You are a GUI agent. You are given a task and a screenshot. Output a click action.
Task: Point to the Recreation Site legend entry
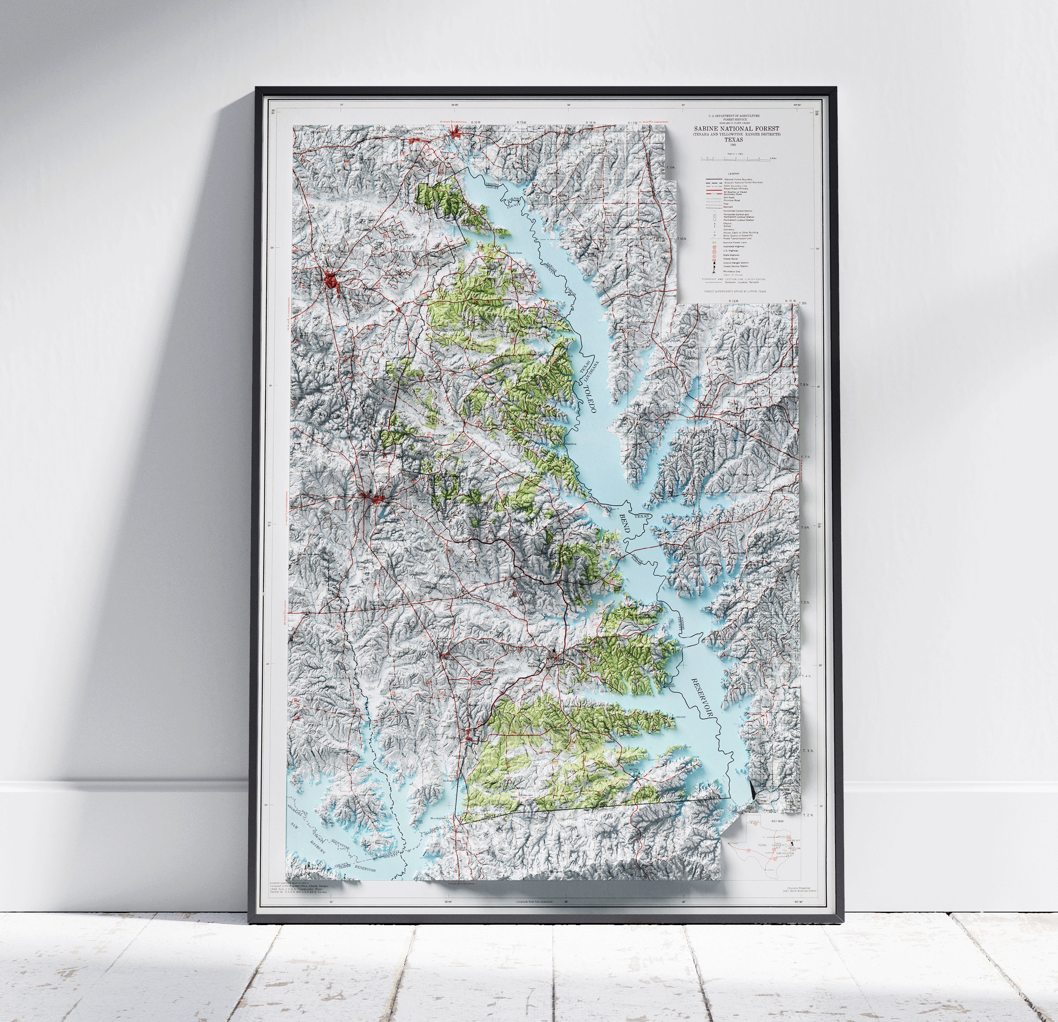[x=732, y=272]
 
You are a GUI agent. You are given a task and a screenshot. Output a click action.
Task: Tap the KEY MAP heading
[x=778, y=821]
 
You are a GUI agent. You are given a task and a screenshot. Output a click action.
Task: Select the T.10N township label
[x=681, y=239]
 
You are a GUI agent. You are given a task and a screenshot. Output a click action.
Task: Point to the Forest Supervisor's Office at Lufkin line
[x=735, y=292]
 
